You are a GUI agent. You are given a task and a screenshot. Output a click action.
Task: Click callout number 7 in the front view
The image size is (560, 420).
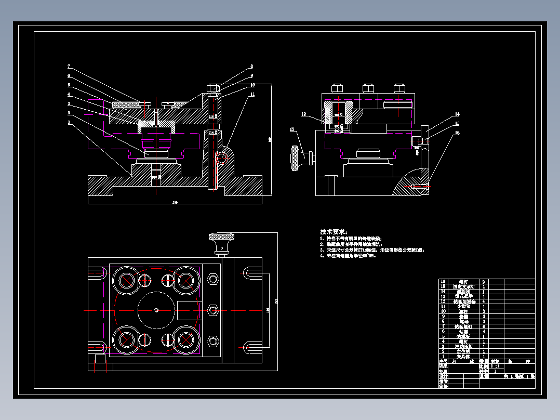click(68, 66)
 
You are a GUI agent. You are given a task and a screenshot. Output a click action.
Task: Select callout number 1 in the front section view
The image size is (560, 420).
click(68, 123)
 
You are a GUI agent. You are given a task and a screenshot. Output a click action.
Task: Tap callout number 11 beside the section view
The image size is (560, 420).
click(252, 95)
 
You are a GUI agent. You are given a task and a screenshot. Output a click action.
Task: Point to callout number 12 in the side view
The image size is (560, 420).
click(304, 114)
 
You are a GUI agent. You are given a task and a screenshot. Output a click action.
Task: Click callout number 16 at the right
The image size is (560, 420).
click(457, 133)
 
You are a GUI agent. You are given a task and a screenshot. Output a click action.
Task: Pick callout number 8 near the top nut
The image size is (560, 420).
click(251, 67)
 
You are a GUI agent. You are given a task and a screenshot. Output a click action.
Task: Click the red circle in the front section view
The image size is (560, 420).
click(222, 157)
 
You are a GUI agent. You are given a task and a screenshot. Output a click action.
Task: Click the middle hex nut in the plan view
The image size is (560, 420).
click(212, 310)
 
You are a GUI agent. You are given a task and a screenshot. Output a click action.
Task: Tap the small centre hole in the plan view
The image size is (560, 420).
click(157, 310)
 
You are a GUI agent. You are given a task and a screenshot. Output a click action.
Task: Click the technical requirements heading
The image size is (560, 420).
click(334, 231)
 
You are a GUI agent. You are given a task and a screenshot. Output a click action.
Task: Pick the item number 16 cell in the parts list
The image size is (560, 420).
click(443, 281)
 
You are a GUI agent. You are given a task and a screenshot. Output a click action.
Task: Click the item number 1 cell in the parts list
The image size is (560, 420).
click(443, 357)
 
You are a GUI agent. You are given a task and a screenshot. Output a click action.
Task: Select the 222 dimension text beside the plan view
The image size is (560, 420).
click(276, 301)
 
